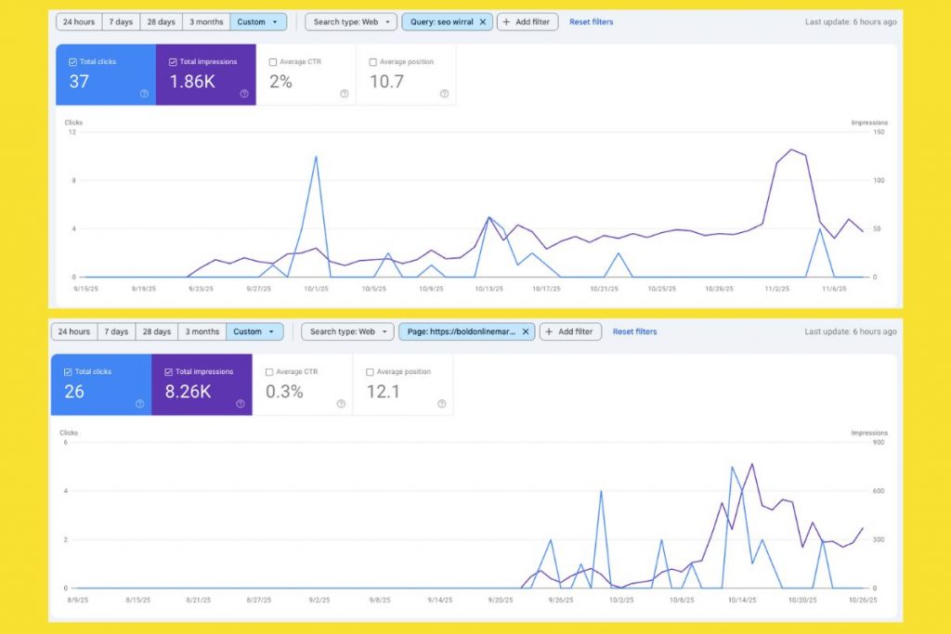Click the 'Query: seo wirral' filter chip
click(446, 21)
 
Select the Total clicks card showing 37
click(106, 74)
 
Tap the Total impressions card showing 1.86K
click(206, 74)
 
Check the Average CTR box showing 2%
click(273, 62)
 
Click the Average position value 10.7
click(386, 82)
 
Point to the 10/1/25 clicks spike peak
click(317, 157)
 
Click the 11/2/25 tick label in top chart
click(777, 289)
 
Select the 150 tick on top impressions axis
click(879, 133)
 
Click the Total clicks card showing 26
click(101, 384)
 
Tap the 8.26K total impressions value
click(189, 392)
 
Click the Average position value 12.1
click(384, 392)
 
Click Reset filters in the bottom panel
click(634, 331)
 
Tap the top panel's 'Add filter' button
click(528, 21)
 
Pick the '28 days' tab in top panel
click(161, 21)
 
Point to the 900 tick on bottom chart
click(879, 443)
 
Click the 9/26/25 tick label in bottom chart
click(561, 600)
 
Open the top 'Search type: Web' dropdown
click(351, 21)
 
